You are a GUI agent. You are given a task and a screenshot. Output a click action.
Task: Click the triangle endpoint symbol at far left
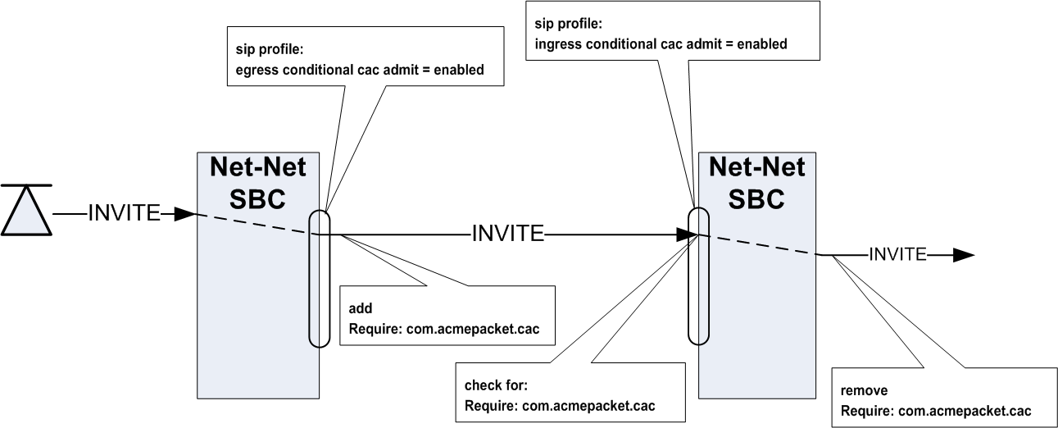24,212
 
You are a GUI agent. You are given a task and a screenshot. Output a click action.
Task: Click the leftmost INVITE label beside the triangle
125,212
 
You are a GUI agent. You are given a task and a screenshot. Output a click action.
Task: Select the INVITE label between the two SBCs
508,234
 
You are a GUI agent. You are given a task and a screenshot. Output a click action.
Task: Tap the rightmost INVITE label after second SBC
897,254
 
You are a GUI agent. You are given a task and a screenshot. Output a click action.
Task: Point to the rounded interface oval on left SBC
319,279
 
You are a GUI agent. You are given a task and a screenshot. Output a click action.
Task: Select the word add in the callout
360,309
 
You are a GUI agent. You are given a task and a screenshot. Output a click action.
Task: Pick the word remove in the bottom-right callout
859,390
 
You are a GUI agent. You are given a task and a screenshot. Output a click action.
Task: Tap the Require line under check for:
560,404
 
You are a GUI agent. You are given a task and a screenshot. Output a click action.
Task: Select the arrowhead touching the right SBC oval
686,234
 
